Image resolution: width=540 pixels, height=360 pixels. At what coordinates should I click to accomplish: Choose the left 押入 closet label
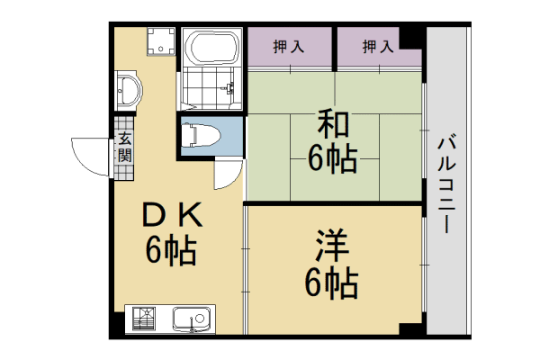pyautogui.click(x=289, y=46)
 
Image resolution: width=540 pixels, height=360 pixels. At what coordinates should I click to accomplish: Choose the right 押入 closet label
pyautogui.click(x=378, y=46)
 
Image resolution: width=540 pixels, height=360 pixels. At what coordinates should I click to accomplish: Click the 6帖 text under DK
pyautogui.click(x=170, y=250)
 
